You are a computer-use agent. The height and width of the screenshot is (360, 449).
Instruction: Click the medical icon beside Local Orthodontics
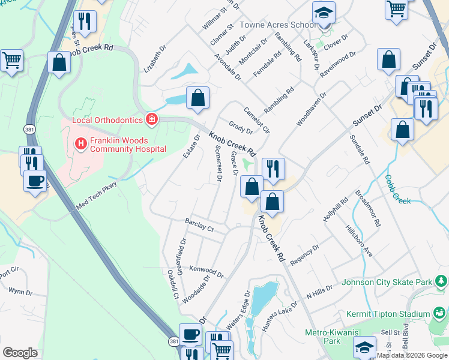click(x=152, y=119)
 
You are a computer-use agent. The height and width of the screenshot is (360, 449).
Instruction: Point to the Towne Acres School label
click(x=278, y=25)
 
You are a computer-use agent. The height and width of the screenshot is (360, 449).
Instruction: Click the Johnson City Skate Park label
click(x=387, y=282)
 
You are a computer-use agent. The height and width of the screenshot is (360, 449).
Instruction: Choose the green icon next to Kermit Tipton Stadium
click(x=441, y=313)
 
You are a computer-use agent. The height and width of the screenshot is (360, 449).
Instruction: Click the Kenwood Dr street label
click(x=206, y=272)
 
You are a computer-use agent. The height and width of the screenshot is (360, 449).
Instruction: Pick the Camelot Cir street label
click(x=256, y=119)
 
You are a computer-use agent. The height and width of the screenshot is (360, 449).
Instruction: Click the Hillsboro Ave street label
click(x=359, y=242)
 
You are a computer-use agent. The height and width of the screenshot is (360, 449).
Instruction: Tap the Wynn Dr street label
click(x=20, y=292)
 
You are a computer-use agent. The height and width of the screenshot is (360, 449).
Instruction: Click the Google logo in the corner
click(x=20, y=353)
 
